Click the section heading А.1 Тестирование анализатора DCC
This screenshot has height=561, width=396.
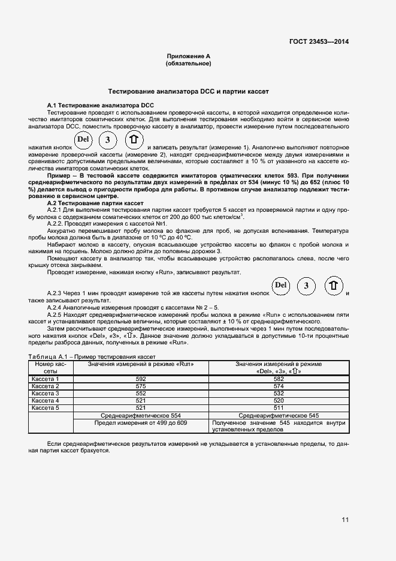coord(101,105)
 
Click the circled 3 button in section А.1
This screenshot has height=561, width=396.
coord(107,141)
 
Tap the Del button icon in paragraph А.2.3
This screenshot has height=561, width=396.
coord(281,285)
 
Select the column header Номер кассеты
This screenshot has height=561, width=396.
coord(51,367)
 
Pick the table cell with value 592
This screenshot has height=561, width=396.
coord(141,379)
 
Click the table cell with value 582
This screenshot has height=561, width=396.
coord(279,379)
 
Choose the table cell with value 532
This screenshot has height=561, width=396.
coord(279,393)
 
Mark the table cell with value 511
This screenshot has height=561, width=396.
coord(279,407)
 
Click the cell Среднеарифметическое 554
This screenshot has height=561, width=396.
coord(141,415)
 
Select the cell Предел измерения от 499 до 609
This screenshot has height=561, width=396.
coord(141,422)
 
